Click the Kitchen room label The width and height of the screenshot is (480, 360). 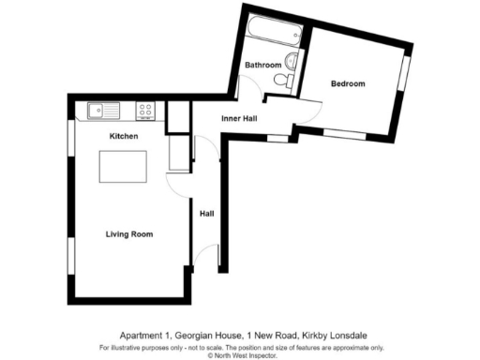[124, 137]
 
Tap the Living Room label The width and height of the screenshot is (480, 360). [128, 233]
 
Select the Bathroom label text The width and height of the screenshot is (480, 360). [262, 65]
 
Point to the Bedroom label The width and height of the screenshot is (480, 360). [348, 84]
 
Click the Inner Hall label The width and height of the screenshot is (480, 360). [239, 119]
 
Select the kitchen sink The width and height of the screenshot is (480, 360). [98, 112]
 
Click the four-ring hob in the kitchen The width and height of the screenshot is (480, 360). [145, 112]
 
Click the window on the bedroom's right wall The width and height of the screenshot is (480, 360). [405, 73]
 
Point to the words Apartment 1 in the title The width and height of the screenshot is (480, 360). [142, 334]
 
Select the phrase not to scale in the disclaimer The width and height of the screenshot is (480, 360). [184, 347]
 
